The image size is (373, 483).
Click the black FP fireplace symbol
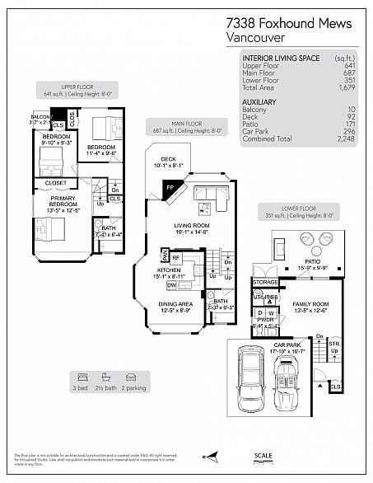click(x=171, y=188)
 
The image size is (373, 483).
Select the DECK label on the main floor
click(x=168, y=159)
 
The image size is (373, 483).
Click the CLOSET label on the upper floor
click(x=56, y=183)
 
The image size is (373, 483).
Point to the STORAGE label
click(x=265, y=282)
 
